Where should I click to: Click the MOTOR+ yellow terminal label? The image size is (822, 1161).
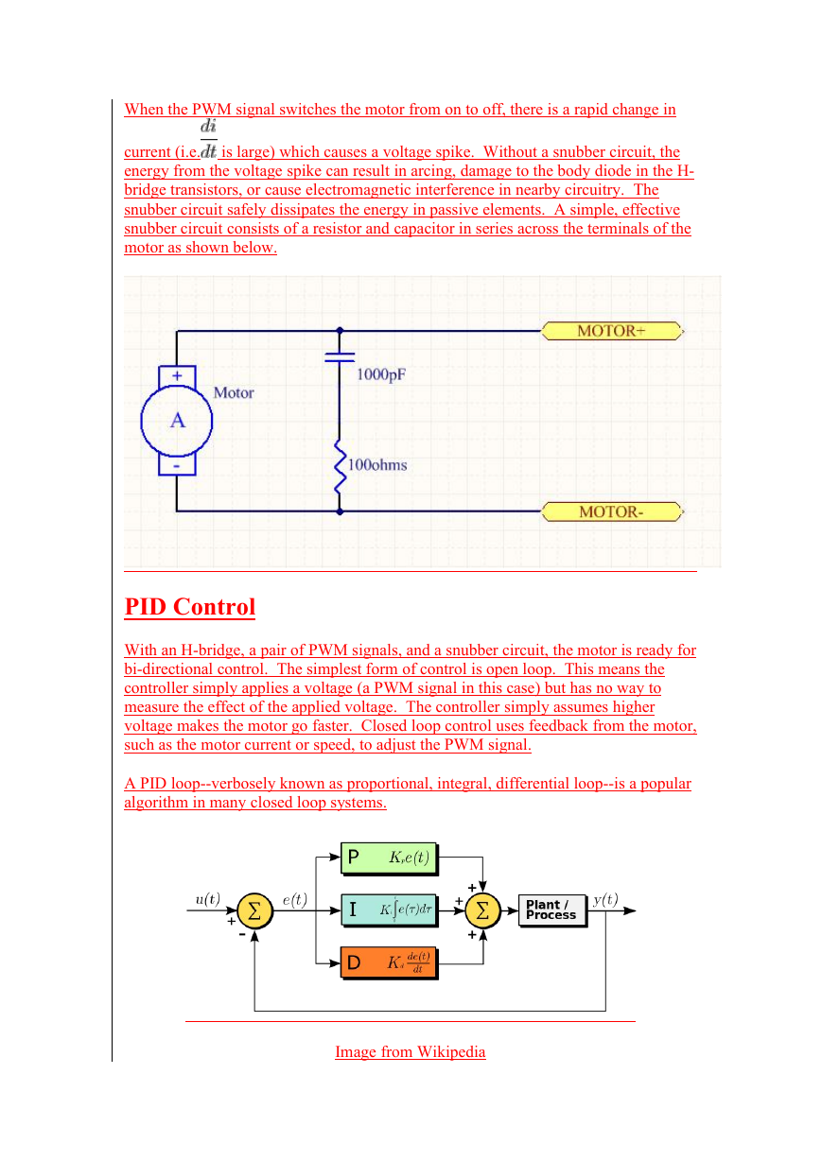coord(613,331)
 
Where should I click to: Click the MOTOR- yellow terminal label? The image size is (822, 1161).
coord(613,511)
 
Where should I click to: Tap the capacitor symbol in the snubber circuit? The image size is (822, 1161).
coord(340,356)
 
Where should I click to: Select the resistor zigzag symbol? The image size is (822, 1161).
coord(340,466)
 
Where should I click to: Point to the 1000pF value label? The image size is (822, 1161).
coord(381,374)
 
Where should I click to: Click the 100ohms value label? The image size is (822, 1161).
coord(377,464)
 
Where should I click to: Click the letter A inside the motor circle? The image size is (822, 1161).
coord(178,421)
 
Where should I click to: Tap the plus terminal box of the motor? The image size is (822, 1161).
coord(177,375)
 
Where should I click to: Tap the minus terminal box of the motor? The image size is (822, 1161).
coord(177,465)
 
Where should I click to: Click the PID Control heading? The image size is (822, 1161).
coord(190,606)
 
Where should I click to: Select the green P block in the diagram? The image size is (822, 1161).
coord(390,858)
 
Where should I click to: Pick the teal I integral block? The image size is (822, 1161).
coord(390,910)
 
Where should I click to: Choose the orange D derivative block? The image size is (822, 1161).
coord(390,963)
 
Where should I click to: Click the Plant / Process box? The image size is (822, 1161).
coord(552,910)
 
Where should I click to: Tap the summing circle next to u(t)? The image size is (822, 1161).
coord(254,910)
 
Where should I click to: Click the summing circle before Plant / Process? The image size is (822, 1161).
coord(482,910)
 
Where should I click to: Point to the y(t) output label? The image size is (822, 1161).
coord(605,899)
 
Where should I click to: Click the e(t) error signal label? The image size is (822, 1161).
coord(294,900)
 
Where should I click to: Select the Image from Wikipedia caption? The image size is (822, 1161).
coord(411,1051)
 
